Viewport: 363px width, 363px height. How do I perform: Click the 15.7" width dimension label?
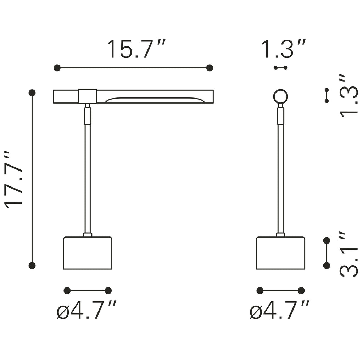pos(136,49)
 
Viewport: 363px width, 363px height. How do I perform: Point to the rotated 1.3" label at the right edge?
pos(349,96)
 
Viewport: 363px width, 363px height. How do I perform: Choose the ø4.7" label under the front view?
pos(86,310)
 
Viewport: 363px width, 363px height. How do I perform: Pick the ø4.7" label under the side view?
pos(279,310)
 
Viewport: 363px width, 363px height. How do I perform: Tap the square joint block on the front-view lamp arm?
pos(88,96)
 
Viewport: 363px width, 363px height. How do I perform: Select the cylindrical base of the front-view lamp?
pos(88,253)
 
